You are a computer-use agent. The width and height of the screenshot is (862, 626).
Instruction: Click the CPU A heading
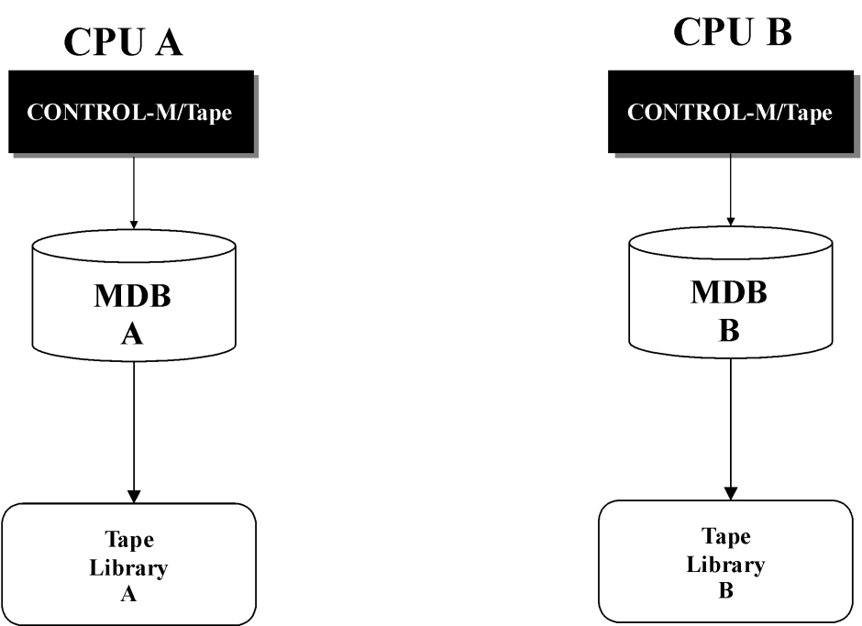[x=123, y=41]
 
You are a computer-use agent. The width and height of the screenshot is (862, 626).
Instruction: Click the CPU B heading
[x=733, y=31]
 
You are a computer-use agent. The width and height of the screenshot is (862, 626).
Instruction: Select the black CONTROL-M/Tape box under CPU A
[x=131, y=112]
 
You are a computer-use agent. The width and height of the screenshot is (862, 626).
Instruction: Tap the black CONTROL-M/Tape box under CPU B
[x=731, y=112]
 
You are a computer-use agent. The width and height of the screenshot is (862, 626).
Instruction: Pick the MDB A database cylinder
[x=134, y=296]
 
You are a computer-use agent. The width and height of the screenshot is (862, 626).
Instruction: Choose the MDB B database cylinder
[x=731, y=292]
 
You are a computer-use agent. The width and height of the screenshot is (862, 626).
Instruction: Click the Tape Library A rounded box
[x=129, y=564]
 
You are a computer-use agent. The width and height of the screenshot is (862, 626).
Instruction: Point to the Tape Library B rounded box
[x=725, y=561]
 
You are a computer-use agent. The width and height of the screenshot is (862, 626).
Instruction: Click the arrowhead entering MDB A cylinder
[x=134, y=225]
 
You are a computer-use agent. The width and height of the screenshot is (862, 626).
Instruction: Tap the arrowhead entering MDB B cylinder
[x=731, y=222]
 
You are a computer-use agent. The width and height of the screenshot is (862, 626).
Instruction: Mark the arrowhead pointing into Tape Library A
[x=134, y=496]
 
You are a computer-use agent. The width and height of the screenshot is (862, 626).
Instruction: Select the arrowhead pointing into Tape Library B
[x=731, y=493]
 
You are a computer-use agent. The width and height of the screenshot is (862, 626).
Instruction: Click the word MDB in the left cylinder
[x=132, y=296]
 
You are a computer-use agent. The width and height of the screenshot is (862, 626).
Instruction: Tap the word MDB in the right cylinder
[x=729, y=291]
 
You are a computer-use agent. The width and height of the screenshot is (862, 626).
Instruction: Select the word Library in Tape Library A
[x=128, y=567]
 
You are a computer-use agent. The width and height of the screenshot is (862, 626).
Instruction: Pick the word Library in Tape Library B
[x=725, y=565]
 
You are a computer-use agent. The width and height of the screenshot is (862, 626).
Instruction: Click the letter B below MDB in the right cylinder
[x=729, y=330]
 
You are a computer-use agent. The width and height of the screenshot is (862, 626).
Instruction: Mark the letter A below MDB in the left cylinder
[x=132, y=334]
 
